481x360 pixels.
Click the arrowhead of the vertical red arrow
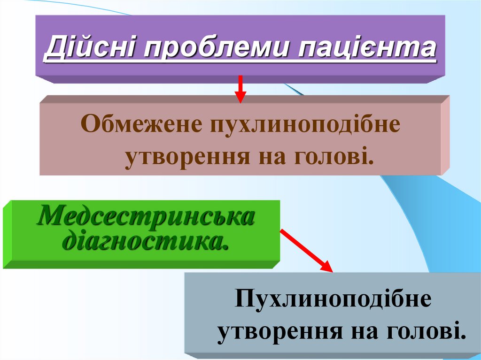[240, 97]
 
